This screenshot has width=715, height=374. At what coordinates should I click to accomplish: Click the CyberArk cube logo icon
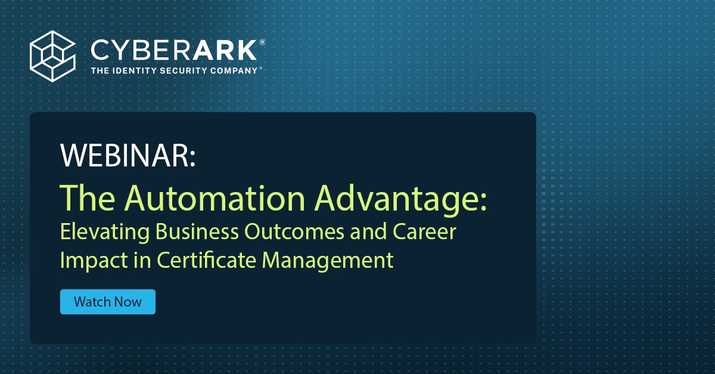coord(53,55)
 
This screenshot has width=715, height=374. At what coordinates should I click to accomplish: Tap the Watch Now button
coord(108,302)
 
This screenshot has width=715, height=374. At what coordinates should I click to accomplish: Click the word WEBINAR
coord(128,156)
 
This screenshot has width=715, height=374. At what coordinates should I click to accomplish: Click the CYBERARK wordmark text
coord(173,50)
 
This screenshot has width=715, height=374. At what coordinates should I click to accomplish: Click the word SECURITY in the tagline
coord(189,71)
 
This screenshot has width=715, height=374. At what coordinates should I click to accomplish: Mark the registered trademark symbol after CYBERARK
coord(262,42)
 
